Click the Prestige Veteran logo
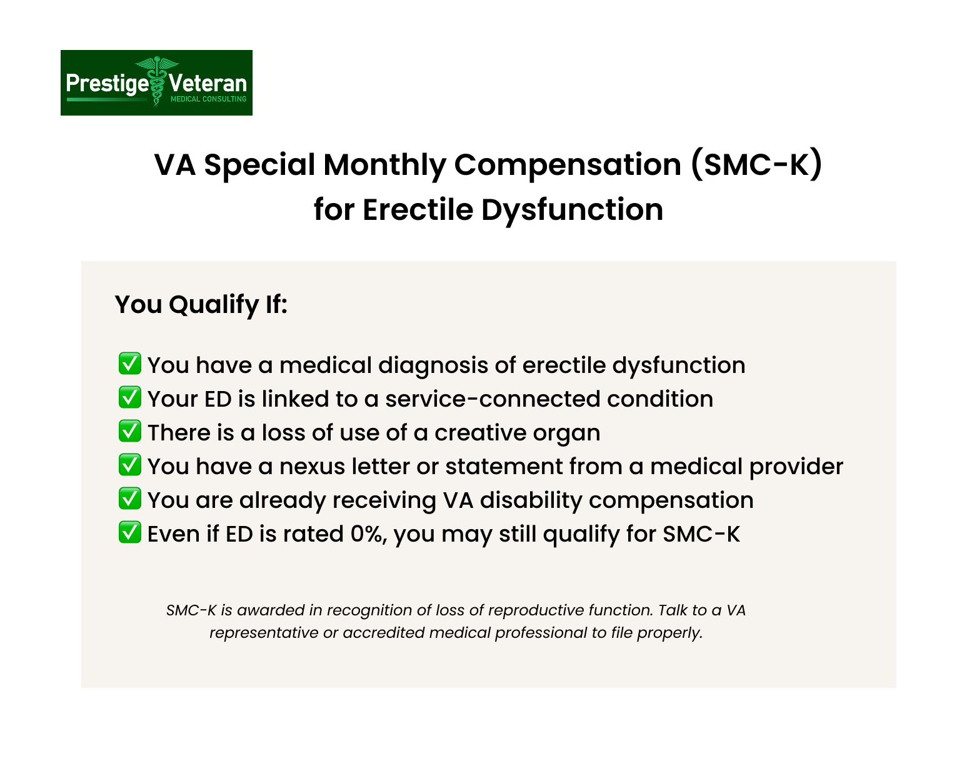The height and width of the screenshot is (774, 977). pos(157,82)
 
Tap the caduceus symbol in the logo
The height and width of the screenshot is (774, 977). pos(157,81)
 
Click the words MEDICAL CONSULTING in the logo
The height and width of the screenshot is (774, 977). pos(208,99)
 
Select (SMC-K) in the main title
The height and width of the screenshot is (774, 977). pos(756,164)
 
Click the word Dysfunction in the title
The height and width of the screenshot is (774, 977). pos(572,210)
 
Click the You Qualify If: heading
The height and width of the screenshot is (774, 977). pos(201,304)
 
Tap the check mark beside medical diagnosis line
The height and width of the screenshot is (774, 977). pos(130,364)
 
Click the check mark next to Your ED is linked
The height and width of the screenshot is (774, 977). pos(130,397)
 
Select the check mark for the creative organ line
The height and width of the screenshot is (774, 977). pos(130,431)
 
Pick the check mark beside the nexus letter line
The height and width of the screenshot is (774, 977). pos(130,465)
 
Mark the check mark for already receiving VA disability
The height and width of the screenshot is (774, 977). pos(130,499)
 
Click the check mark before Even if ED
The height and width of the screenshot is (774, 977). pos(130,532)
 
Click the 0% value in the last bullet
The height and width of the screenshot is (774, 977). pos(368,534)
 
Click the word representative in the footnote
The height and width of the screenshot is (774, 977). pos(264,633)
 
